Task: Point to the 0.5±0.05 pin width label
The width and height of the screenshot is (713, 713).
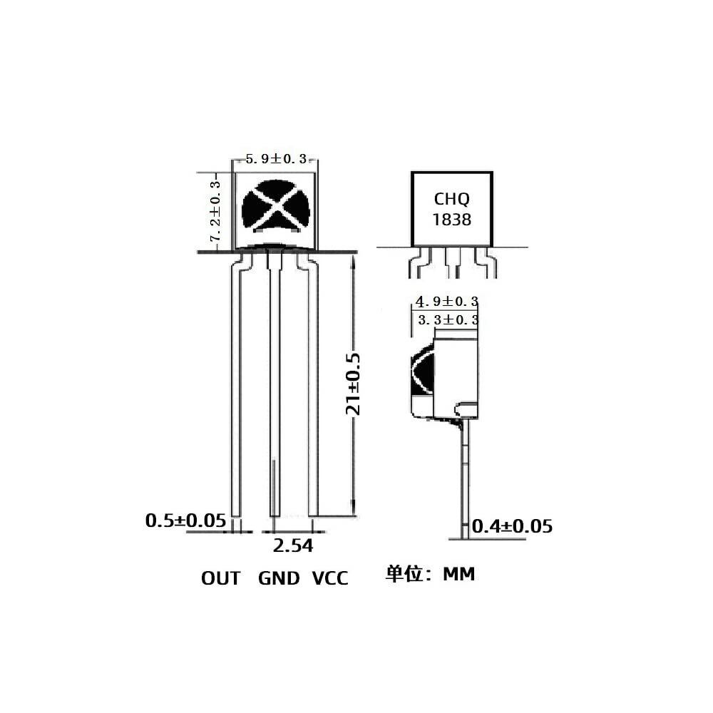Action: (185, 520)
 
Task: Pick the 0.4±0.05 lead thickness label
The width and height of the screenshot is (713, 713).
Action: (513, 527)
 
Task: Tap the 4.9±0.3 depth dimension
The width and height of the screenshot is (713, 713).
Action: (446, 302)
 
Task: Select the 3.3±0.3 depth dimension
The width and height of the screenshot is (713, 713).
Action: (446, 320)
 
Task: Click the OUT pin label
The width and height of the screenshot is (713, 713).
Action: (221, 578)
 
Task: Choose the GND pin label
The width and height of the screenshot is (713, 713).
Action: (279, 578)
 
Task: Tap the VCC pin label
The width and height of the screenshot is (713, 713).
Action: (330, 578)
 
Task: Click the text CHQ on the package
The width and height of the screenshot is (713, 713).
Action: (452, 200)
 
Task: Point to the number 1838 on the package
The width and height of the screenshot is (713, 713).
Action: (452, 219)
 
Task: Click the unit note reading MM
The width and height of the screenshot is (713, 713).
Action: (458, 574)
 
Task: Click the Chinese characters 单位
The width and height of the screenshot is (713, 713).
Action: (404, 574)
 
